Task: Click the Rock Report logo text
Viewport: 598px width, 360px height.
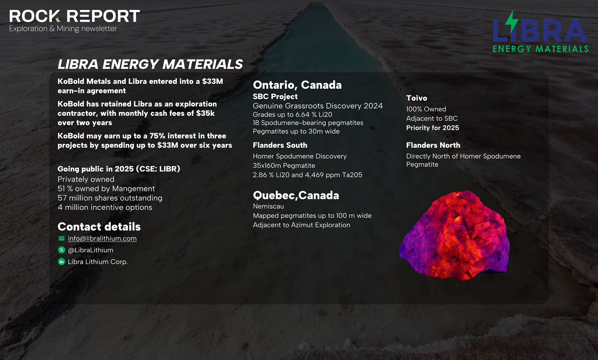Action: click(x=74, y=16)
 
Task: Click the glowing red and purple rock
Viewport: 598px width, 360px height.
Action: click(x=454, y=236)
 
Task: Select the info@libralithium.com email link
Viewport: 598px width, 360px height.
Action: click(x=102, y=239)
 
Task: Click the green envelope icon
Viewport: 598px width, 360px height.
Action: click(x=61, y=238)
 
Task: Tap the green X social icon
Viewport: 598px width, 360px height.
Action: click(x=61, y=250)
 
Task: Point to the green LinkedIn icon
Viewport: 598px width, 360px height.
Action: click(x=61, y=262)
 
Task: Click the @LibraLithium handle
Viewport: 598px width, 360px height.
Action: click(x=90, y=250)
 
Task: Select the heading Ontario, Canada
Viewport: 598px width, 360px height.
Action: click(x=297, y=85)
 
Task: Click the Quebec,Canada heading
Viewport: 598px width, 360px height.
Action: click(x=296, y=196)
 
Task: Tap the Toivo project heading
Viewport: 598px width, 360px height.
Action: click(x=416, y=98)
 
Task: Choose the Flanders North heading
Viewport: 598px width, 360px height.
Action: click(x=433, y=145)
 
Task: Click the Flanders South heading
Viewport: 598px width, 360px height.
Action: click(x=280, y=145)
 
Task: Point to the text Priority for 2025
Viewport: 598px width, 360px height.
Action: click(x=432, y=128)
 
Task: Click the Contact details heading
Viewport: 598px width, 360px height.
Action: click(x=99, y=227)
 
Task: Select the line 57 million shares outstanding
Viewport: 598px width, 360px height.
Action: click(x=110, y=198)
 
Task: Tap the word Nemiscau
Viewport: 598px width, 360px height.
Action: click(x=268, y=206)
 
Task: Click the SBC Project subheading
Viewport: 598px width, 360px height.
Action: click(x=275, y=97)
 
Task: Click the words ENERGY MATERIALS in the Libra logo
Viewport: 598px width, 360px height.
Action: click(x=540, y=49)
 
